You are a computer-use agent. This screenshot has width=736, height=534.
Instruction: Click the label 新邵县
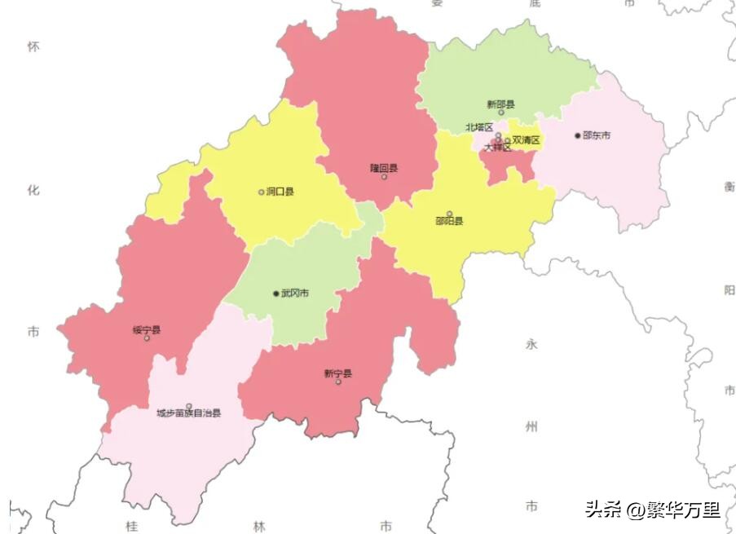coord(500,104)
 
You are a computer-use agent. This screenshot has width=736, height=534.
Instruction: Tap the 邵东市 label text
coord(597,135)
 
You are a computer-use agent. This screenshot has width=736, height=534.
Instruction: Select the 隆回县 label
coord(384,168)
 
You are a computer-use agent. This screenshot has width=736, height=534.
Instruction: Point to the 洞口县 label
coord(280,192)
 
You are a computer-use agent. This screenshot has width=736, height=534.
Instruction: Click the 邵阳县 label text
coord(449,221)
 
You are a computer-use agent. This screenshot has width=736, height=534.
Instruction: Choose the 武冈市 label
coord(295,293)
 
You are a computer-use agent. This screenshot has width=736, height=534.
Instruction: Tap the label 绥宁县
coord(147,330)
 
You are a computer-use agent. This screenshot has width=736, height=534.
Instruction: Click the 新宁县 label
coord(337,373)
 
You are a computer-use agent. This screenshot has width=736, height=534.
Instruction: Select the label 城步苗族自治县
coord(188,413)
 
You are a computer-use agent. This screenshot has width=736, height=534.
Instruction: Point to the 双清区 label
coord(527,140)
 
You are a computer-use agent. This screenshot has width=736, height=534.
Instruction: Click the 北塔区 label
coord(479,127)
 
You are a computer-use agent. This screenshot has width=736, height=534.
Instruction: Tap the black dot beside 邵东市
coord(578,135)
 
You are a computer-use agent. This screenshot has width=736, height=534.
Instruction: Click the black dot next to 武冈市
coord(276,293)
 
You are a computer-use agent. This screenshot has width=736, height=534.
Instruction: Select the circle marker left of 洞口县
coord(262,192)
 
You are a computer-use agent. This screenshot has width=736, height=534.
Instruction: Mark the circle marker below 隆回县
coord(384,177)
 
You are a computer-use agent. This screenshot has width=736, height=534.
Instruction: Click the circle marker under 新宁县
coord(338,382)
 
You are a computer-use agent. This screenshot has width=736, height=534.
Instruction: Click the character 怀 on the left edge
coord(33,46)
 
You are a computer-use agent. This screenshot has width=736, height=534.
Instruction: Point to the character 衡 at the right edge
coord(729,187)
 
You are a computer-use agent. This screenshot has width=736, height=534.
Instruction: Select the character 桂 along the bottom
coord(131,526)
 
